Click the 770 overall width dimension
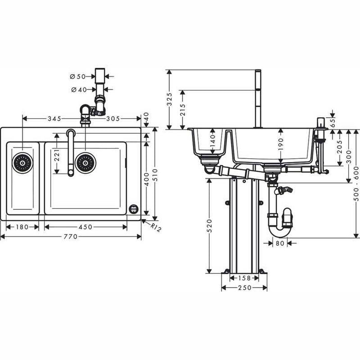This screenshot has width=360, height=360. [x=70, y=237]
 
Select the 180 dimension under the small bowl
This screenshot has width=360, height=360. [x=22, y=227]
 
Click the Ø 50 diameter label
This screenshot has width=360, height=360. [x=78, y=76]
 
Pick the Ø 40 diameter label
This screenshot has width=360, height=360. [x=78, y=90]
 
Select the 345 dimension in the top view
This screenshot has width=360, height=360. [x=54, y=118]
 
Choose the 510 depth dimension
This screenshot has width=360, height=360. [x=155, y=172]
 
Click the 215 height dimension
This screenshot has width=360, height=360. [x=183, y=110]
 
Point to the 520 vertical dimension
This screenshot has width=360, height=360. [x=209, y=226]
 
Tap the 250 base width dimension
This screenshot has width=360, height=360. [x=244, y=287]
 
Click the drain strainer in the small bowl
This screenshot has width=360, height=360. [x=23, y=163]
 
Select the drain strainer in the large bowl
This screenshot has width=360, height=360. [x=85, y=163]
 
